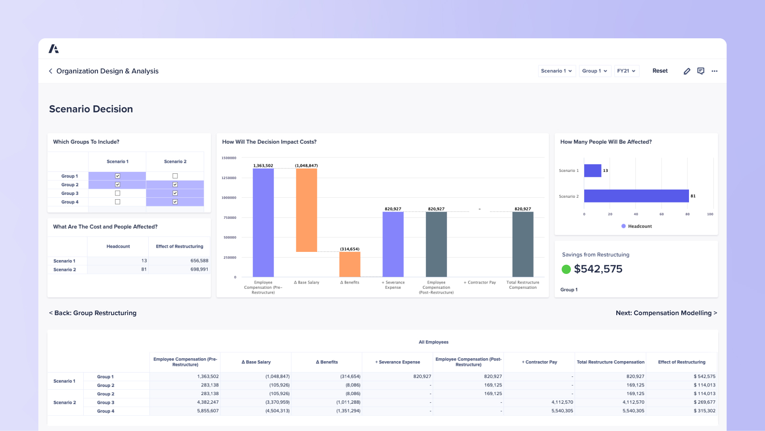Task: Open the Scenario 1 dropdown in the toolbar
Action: point(556,71)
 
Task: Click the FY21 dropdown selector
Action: point(626,71)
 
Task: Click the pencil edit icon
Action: point(687,71)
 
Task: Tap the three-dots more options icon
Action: point(714,71)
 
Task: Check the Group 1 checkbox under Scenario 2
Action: point(175,176)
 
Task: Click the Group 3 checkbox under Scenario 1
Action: point(118,193)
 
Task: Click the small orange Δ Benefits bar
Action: point(350,264)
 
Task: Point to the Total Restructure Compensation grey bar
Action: point(523,244)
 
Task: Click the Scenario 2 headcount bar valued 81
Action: point(636,196)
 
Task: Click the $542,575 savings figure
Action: point(598,269)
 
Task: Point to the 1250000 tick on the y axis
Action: point(229,178)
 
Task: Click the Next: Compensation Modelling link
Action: point(666,313)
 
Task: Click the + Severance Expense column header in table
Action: point(397,362)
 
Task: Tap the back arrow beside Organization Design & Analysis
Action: point(51,71)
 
